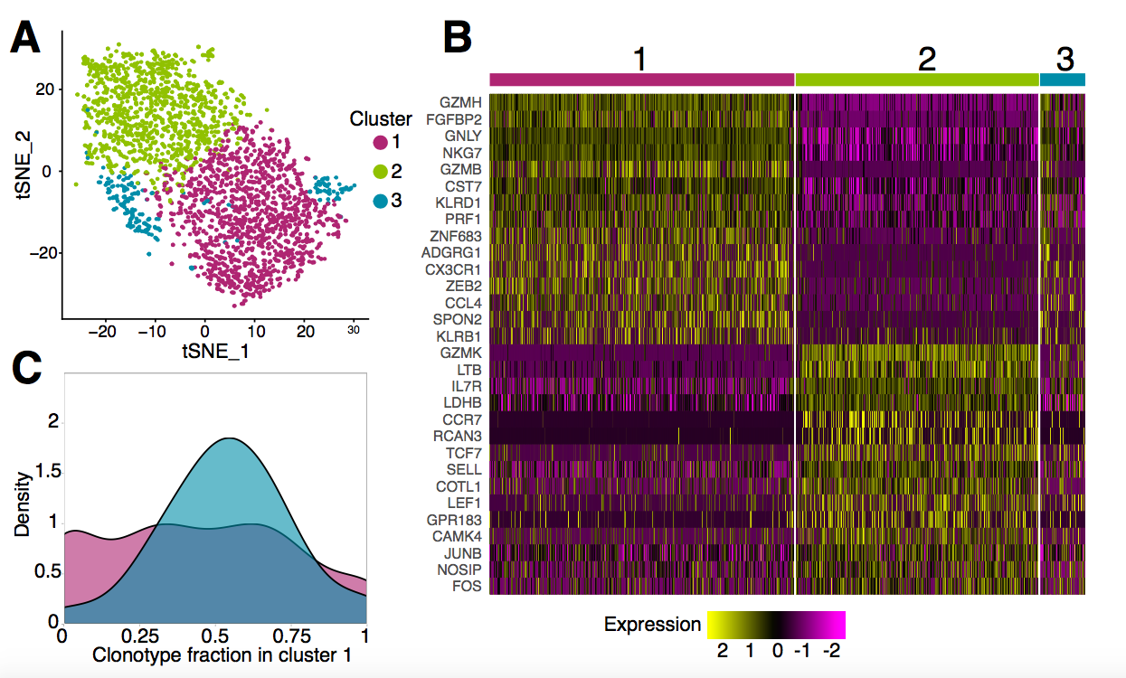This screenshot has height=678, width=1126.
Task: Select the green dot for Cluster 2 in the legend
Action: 380,171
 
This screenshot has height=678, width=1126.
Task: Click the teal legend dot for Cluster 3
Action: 380,200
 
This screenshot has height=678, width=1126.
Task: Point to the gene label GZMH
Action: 460,101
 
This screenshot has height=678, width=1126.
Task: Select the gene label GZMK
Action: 461,353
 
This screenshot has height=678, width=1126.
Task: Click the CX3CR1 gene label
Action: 453,268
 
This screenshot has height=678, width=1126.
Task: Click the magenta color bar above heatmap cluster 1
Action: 641,80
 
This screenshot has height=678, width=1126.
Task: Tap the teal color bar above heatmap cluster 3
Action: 1062,80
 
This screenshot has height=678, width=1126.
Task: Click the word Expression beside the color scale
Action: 652,624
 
